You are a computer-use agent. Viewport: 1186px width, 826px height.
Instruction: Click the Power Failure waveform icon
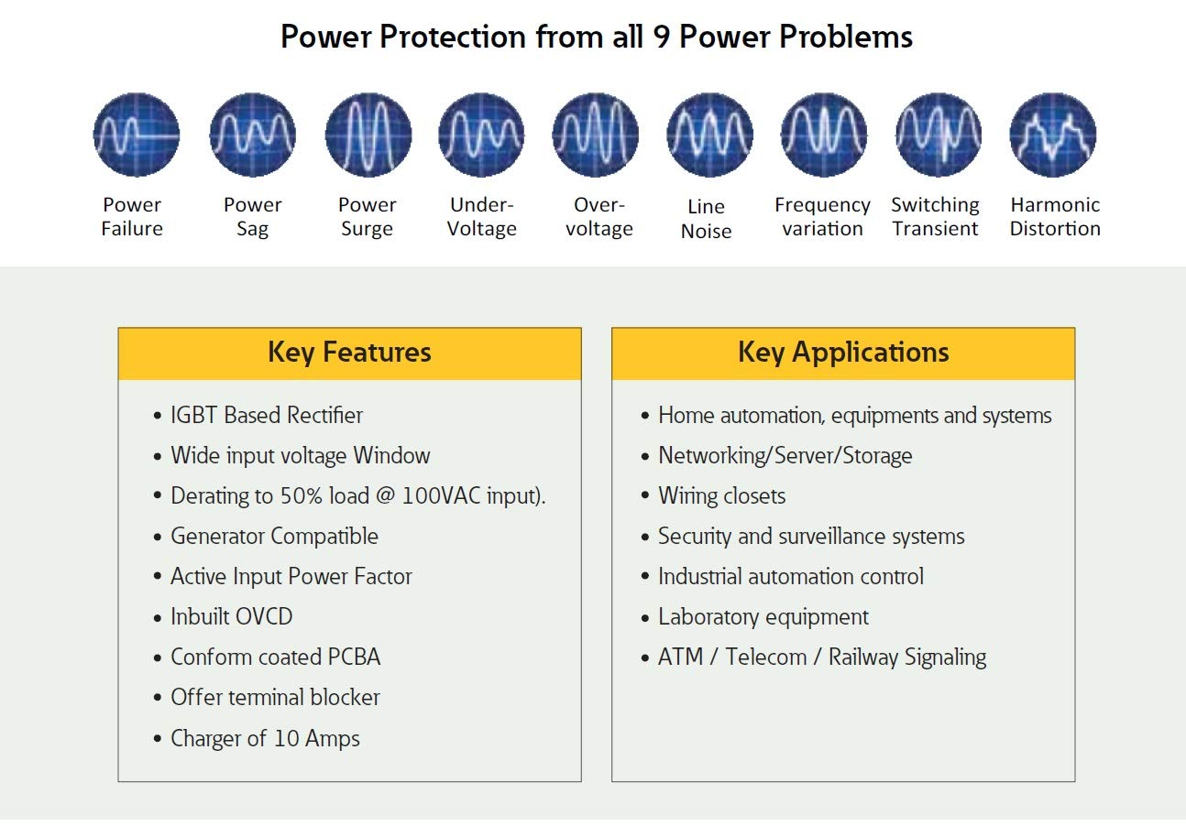pos(136,135)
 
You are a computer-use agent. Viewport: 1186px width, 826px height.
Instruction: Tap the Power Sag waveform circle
pos(253,135)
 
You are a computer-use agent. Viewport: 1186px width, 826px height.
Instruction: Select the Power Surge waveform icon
pos(368,135)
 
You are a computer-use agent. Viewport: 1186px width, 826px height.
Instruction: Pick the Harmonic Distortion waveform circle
pos(1052,135)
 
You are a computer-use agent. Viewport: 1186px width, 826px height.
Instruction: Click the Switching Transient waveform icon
pos(939,135)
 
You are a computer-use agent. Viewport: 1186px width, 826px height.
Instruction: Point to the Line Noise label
pos(707,219)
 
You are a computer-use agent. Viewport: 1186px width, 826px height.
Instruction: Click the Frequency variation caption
pos(822,216)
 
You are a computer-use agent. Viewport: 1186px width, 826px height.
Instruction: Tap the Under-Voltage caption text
pos(482,216)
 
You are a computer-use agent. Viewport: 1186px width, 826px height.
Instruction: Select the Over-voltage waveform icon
pos(595,135)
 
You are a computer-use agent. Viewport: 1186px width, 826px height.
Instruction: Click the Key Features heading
pos(349,353)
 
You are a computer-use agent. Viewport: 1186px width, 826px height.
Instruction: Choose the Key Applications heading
pos(843,353)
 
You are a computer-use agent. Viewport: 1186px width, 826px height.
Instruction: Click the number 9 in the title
pos(662,37)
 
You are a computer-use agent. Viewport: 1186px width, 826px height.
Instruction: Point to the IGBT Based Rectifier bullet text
pos(267,416)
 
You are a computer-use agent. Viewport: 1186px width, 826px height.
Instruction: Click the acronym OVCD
pos(264,616)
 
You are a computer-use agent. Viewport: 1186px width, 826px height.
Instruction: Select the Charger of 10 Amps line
pos(265,738)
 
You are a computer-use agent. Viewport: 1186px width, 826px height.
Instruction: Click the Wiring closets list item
pos(721,495)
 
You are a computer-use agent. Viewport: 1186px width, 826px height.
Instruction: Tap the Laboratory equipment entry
pos(763,617)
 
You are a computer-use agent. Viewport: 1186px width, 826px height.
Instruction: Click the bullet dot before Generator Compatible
pos(158,537)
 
